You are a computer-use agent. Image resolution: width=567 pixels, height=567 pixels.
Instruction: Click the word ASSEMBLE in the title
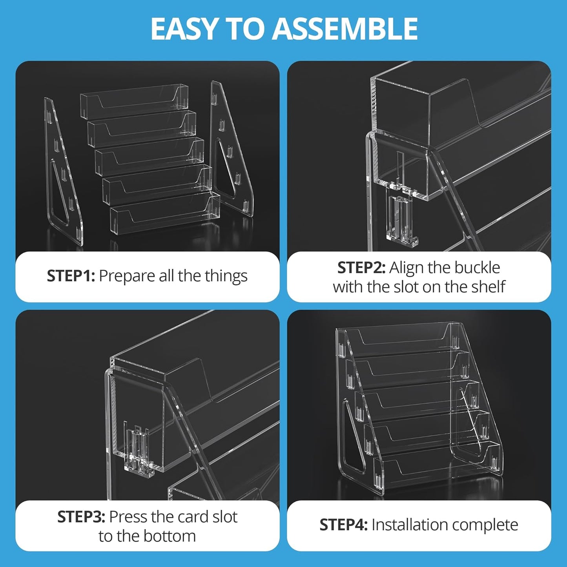pyautogui.click(x=345, y=29)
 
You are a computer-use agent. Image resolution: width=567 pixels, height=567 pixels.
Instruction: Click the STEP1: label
pyautogui.click(x=71, y=276)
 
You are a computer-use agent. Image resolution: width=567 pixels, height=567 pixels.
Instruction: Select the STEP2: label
pyautogui.click(x=361, y=268)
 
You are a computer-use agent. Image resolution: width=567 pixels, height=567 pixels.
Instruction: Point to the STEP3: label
pyautogui.click(x=81, y=517)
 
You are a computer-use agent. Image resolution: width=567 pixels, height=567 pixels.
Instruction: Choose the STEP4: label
pyautogui.click(x=343, y=525)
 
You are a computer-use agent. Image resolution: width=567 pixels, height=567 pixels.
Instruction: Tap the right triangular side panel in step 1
pyautogui.click(x=232, y=149)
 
